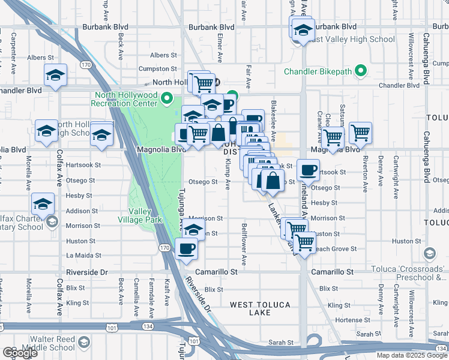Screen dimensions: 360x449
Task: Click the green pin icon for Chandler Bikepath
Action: [x=360, y=71]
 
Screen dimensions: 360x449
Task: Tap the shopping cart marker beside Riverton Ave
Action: [x=360, y=133]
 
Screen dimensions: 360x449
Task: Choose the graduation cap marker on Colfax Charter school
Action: [x=43, y=204]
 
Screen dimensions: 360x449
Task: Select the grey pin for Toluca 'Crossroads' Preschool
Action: [x=429, y=254]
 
